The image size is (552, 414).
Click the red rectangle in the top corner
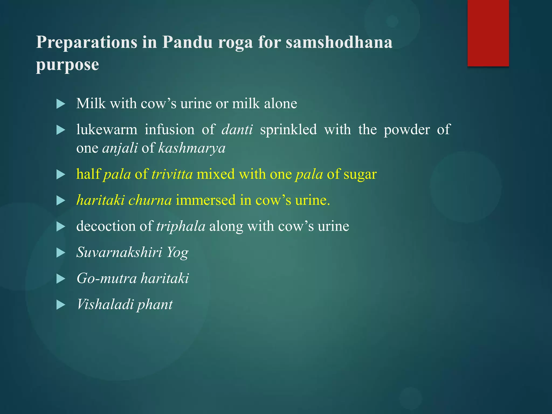488,33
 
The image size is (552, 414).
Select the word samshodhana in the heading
339,42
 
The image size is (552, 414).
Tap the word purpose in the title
67,65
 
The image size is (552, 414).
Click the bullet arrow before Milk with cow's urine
61,104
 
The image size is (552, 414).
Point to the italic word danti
237,130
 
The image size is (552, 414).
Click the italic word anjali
120,148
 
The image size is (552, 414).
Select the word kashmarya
192,148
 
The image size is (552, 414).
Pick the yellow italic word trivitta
172,174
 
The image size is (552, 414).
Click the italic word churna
150,200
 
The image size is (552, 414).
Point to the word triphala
181,226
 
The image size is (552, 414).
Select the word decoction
106,226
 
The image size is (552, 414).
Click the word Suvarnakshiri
119,252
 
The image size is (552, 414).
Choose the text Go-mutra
106,278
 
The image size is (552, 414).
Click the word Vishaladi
105,304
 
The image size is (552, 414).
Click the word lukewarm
107,130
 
